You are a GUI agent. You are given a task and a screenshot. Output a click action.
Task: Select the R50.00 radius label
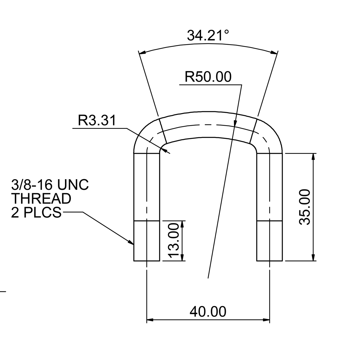coord(208,77)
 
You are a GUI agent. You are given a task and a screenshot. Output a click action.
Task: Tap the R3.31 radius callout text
coord(97,121)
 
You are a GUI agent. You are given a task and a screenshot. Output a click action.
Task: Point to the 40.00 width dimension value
coord(208,312)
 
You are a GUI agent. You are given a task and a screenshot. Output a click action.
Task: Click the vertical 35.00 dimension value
coord(305,207)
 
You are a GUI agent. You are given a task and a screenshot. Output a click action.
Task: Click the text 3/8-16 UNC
coord(50,185)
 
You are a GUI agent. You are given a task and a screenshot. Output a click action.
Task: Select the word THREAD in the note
coord(41,199)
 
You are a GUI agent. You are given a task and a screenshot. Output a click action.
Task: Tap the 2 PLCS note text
coord(36,212)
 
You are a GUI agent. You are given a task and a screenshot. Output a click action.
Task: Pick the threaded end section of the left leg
coord(147,241)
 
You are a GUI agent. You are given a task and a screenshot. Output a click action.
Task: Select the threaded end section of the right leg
coord(269,241)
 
